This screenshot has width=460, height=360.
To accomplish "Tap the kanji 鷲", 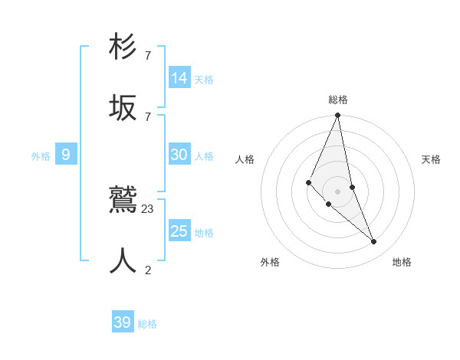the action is pyautogui.click(x=123, y=201).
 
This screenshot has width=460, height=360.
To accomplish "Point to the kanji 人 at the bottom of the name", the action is pyautogui.click(x=123, y=260).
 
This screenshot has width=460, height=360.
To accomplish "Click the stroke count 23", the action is pyautogui.click(x=148, y=209).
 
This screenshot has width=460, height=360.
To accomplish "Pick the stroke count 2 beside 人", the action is pyautogui.click(x=148, y=270).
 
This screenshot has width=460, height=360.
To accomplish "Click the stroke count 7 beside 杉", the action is pyautogui.click(x=148, y=56).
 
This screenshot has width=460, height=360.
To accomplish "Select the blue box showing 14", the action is pyautogui.click(x=179, y=78).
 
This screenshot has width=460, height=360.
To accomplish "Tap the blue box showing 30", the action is pyautogui.click(x=179, y=155).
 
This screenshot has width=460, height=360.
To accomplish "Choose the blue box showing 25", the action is pyautogui.click(x=179, y=231).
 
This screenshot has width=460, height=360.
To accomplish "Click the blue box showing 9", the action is pyautogui.click(x=66, y=155).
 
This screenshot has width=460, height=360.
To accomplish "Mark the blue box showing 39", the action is pyautogui.click(x=123, y=322).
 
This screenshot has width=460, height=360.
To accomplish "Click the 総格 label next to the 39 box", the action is pyautogui.click(x=147, y=324).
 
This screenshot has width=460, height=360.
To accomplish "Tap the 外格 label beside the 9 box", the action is pyautogui.click(x=41, y=156).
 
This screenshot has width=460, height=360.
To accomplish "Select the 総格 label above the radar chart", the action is pyautogui.click(x=338, y=100).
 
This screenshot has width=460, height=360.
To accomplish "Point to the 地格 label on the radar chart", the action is pyautogui.click(x=402, y=262).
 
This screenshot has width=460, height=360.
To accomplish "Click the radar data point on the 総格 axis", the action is pyautogui.click(x=338, y=116).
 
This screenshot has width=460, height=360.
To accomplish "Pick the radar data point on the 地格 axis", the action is pyautogui.click(x=374, y=241).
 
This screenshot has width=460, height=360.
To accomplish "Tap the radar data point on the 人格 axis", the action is pyautogui.click(x=308, y=182).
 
